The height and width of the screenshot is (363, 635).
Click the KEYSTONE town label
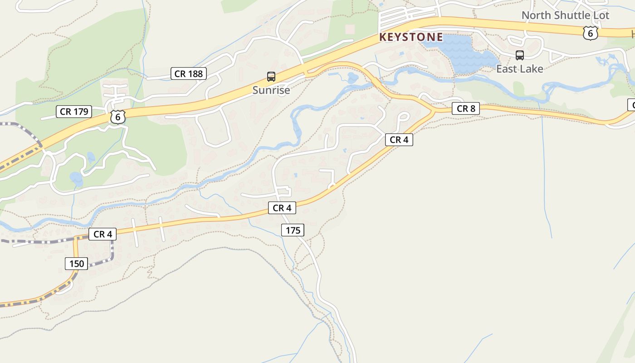(411, 37)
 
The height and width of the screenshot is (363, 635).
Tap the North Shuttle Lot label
(565, 15)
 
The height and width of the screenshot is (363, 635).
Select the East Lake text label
(519, 69)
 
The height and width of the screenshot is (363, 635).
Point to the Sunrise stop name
(271, 90)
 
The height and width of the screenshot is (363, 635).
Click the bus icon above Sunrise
(271, 77)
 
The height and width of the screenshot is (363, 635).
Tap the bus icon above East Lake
(520, 55)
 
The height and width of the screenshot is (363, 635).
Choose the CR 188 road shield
(189, 74)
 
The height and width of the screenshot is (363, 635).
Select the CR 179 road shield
(74, 112)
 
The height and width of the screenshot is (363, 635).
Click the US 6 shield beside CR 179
(117, 117)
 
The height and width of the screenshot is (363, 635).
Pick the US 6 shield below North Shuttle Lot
(590, 33)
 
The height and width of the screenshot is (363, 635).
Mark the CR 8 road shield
(466, 108)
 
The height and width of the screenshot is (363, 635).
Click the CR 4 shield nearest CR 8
(399, 140)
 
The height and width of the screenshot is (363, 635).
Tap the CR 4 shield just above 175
(282, 208)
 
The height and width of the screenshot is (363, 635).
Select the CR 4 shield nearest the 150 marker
(103, 234)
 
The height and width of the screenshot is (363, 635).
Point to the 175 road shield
(293, 231)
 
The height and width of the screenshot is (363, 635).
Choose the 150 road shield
(77, 263)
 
